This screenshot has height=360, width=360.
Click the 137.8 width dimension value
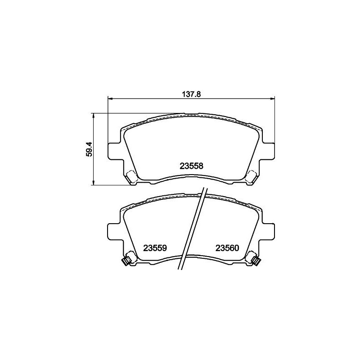(190, 94)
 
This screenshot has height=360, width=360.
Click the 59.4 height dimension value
(89, 149)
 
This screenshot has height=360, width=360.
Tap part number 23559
(155, 248)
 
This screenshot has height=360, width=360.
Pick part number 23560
(229, 248)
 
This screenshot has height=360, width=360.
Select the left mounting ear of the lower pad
(114, 232)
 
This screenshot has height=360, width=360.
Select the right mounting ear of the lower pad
(269, 232)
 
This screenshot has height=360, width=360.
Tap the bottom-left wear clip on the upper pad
(132, 176)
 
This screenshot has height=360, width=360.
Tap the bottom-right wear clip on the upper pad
(251, 176)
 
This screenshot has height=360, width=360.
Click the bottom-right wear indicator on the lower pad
(254, 259)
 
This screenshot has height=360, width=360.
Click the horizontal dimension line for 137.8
(148, 99)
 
